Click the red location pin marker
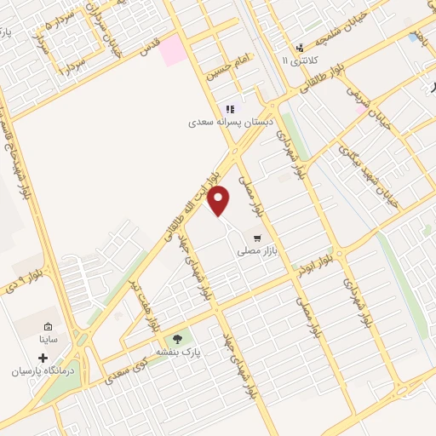tap(219, 201)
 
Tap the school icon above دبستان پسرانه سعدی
tap(230, 109)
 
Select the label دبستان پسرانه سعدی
tap(221, 123)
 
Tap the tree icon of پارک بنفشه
tap(178, 339)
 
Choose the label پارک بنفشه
tap(178, 351)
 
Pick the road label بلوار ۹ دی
tap(26, 278)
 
